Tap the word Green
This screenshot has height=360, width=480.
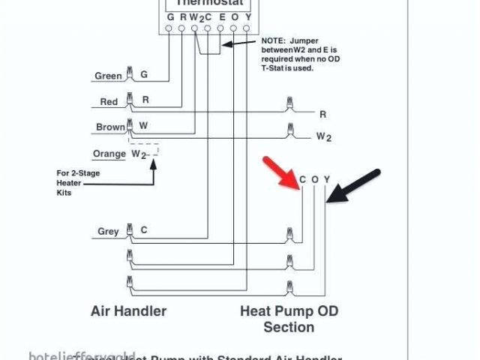point(108,76)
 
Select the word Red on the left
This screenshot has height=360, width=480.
point(109,101)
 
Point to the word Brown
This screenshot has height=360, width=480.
point(110,127)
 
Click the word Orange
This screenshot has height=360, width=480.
point(109,154)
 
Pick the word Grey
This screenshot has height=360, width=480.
point(108,232)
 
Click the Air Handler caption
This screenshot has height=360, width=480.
point(128,310)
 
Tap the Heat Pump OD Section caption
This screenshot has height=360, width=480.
point(289,319)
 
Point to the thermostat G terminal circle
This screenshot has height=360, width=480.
point(170,29)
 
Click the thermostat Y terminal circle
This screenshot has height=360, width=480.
point(247,29)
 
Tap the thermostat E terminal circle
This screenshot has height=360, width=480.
point(221,29)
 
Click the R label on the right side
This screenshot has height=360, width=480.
point(323,114)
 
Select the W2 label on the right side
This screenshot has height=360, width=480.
point(323,136)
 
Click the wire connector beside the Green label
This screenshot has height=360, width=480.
point(130,73)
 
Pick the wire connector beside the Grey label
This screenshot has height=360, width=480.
point(130,229)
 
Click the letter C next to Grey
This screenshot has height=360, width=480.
point(144,231)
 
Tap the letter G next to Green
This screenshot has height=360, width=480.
point(144,75)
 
